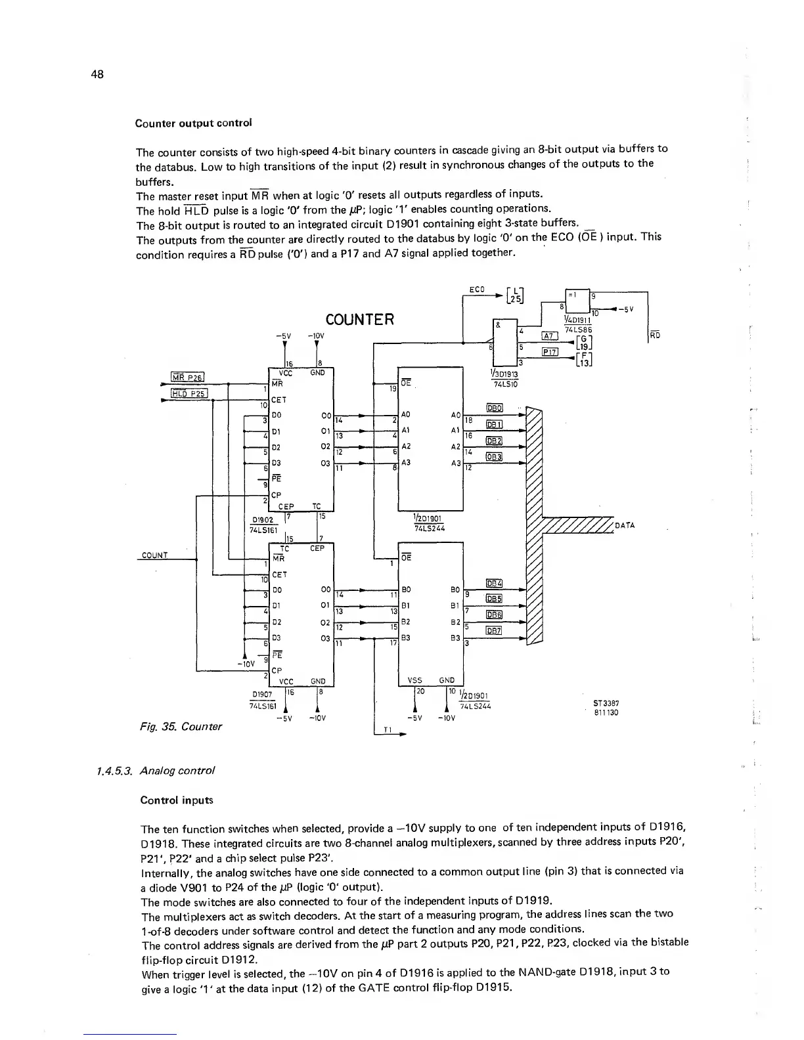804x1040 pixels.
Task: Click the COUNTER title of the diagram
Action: point(360,320)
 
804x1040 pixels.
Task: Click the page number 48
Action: point(99,73)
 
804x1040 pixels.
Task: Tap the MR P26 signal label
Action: point(188,377)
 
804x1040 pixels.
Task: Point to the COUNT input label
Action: point(154,555)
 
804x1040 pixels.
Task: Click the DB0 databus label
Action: point(494,408)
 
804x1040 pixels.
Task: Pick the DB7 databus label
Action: point(493,631)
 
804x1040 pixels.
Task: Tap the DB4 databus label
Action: point(493,583)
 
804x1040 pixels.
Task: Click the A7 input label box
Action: point(549,336)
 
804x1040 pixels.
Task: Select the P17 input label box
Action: point(549,351)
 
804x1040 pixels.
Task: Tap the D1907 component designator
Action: point(263,695)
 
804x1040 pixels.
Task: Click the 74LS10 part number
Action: point(506,383)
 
